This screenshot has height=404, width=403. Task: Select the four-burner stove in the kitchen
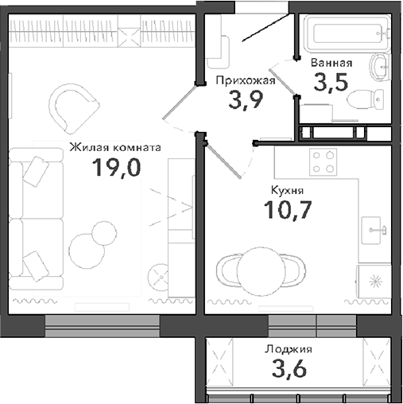pyautogui.click(x=323, y=161)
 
